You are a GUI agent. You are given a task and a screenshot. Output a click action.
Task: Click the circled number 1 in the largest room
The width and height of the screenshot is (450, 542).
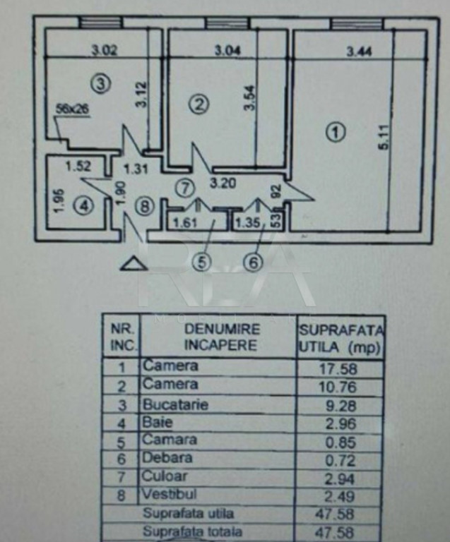[336, 132]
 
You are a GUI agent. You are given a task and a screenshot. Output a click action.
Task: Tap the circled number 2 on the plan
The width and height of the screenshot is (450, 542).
[199, 104]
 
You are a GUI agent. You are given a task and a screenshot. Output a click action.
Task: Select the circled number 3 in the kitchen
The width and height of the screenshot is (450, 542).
[102, 84]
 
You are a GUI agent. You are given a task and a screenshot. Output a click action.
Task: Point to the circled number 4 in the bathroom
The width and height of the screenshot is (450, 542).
[85, 207]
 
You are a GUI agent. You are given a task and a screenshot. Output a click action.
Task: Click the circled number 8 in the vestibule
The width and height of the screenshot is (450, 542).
[144, 207]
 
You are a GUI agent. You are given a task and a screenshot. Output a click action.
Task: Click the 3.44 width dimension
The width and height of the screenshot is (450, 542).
[360, 51]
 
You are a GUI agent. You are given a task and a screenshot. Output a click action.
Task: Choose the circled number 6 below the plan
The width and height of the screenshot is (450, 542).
[253, 263]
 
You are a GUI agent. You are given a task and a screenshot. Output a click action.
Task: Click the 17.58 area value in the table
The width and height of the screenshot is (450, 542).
[339, 368]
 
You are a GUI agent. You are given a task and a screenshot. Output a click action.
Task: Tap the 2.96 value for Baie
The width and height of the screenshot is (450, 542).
[339, 424]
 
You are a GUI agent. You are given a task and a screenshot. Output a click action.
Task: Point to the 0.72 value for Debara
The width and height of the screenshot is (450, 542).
[339, 459]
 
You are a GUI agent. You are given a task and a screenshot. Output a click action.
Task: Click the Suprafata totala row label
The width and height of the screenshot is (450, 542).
[188, 531]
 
